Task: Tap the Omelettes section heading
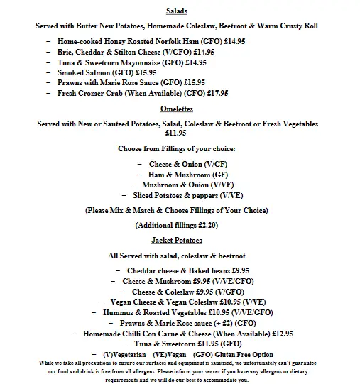coord(177,109)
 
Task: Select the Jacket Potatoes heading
coord(177,241)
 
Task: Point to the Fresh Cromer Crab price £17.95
coord(213,92)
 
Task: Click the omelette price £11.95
coord(176,133)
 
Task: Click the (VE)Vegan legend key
coord(168,354)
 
